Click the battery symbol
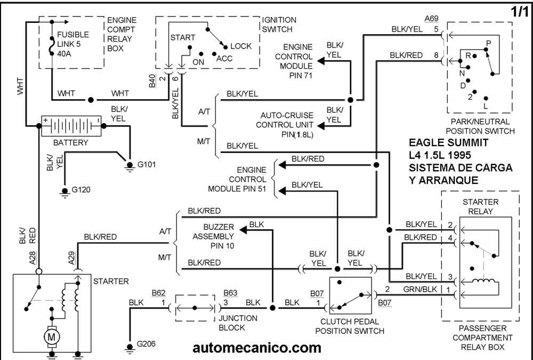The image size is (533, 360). pyautogui.click(x=71, y=126)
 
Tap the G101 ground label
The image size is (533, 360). pyautogui.click(x=147, y=164)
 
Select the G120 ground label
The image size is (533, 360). pyautogui.click(x=82, y=189)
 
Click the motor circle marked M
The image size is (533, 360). pyautogui.click(x=51, y=337)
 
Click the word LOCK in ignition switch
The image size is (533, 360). pyautogui.click(x=241, y=46)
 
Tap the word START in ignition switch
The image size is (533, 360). pyautogui.click(x=183, y=38)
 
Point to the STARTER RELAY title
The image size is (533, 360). pyautogui.click(x=480, y=207)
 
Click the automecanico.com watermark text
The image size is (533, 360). pyautogui.click(x=257, y=348)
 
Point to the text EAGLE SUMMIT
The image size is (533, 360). pyautogui.click(x=448, y=143)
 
